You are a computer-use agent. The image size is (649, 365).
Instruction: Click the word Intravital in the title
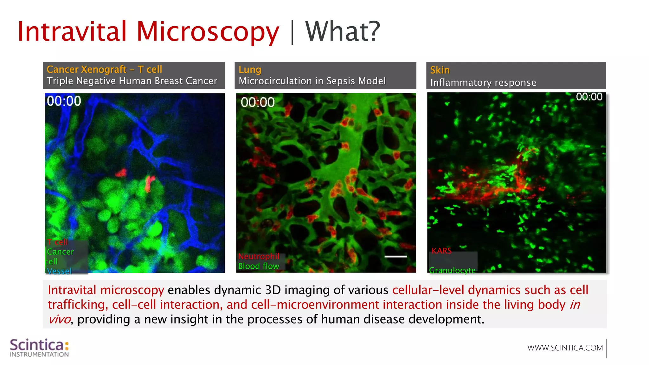pos(72,32)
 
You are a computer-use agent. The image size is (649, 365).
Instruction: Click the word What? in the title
pos(342,32)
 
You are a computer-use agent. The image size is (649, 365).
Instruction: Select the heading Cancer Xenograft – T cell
pos(104,69)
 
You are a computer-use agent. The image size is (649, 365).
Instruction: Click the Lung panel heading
pos(250,70)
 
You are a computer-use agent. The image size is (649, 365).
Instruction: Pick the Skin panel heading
pos(440,70)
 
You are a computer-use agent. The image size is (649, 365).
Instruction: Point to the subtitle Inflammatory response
pos(483,83)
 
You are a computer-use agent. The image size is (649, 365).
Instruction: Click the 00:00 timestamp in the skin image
pos(589,97)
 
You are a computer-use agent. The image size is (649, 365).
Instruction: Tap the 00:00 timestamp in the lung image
pos(257,102)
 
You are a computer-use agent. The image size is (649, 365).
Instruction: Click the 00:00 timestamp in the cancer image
pos(64,101)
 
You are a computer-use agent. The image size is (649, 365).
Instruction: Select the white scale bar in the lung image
pos(395,256)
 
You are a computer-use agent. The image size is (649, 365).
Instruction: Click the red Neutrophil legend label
pos(259,256)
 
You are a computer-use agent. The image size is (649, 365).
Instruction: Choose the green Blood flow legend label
pos(259,266)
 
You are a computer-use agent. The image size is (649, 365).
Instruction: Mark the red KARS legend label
pos(441,251)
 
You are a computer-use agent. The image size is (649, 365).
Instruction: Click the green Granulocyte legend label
pos(452,270)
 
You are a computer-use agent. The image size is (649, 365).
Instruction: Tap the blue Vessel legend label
pos(59,271)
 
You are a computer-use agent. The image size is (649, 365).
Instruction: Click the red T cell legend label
pos(57,242)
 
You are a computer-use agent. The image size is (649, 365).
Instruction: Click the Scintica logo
pos(39,348)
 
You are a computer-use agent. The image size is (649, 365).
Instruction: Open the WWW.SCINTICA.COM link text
pos(565,348)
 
